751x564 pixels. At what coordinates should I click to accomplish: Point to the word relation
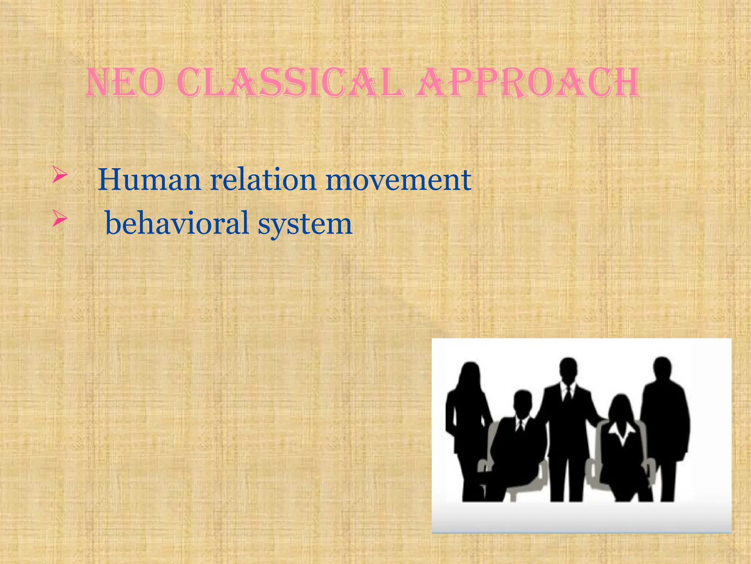(x=263, y=180)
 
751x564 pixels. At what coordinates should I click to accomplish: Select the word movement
(x=398, y=180)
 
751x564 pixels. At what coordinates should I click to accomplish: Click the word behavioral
(x=177, y=223)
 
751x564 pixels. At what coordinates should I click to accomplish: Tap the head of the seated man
(x=522, y=403)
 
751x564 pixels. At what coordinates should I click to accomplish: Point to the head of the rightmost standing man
(x=662, y=369)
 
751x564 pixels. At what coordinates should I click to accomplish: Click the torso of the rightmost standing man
(x=664, y=422)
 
